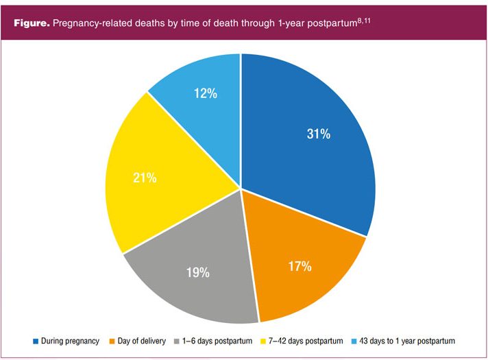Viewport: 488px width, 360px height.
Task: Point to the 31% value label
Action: [x=318, y=134]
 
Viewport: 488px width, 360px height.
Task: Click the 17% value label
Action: [x=299, y=266]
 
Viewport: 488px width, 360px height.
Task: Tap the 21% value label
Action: [x=145, y=178]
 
